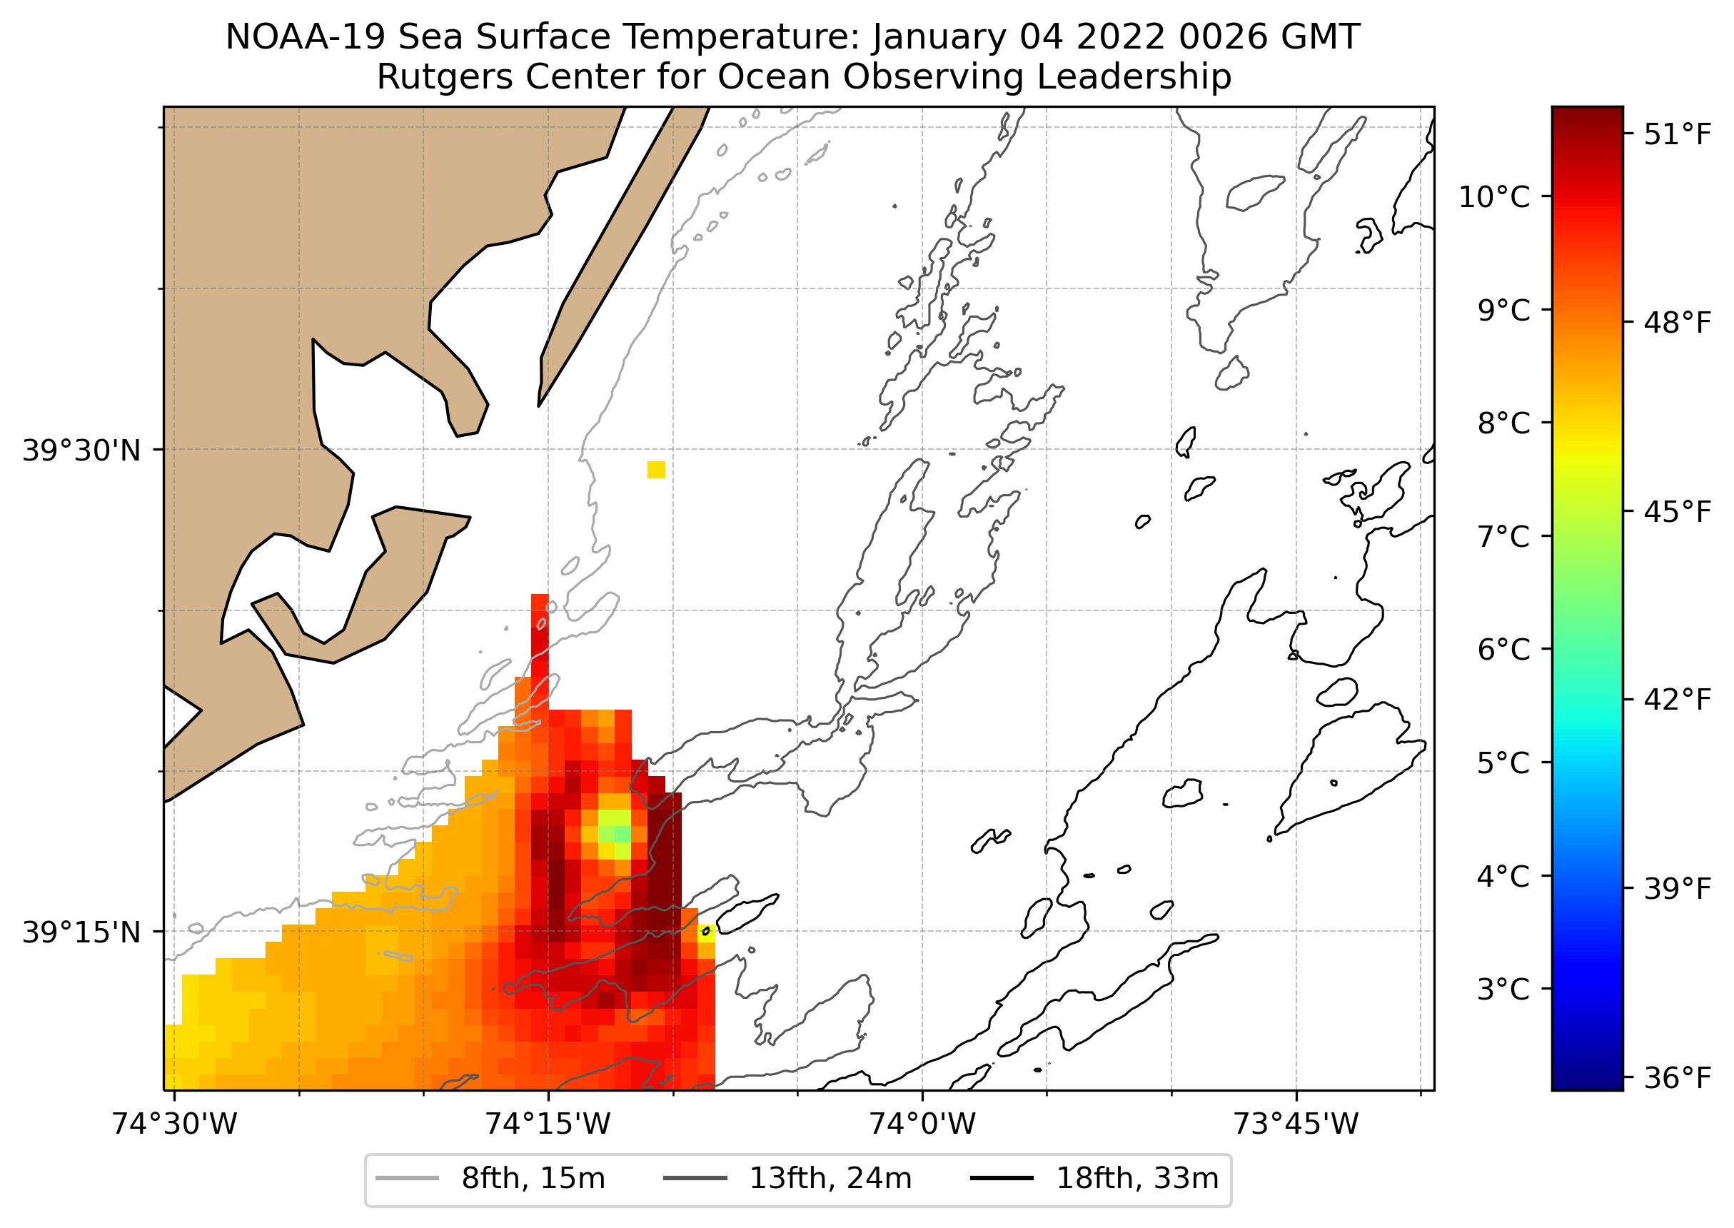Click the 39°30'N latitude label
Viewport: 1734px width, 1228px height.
(x=81, y=451)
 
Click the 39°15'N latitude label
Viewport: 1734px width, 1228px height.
(x=81, y=932)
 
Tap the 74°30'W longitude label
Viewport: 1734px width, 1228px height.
(x=175, y=1124)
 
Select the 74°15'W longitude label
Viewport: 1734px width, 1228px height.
(x=548, y=1124)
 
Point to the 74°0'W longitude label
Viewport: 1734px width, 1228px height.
(x=922, y=1124)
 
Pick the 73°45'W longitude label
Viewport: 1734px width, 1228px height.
(x=1296, y=1124)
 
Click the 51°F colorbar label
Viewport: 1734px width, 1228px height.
(x=1678, y=135)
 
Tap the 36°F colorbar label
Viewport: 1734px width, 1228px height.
(x=1678, y=1077)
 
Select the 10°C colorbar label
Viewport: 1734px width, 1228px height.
(x=1493, y=196)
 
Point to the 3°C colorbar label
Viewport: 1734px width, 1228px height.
(x=1503, y=989)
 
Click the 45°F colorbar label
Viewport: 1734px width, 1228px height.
(x=1678, y=512)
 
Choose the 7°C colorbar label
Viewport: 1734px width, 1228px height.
(x=1503, y=536)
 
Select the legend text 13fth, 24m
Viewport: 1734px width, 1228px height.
(x=830, y=1178)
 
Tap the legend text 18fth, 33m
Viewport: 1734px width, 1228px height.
(x=1137, y=1178)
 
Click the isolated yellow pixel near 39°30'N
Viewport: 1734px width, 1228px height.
(x=656, y=470)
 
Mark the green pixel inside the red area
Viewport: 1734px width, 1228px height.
(x=622, y=833)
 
